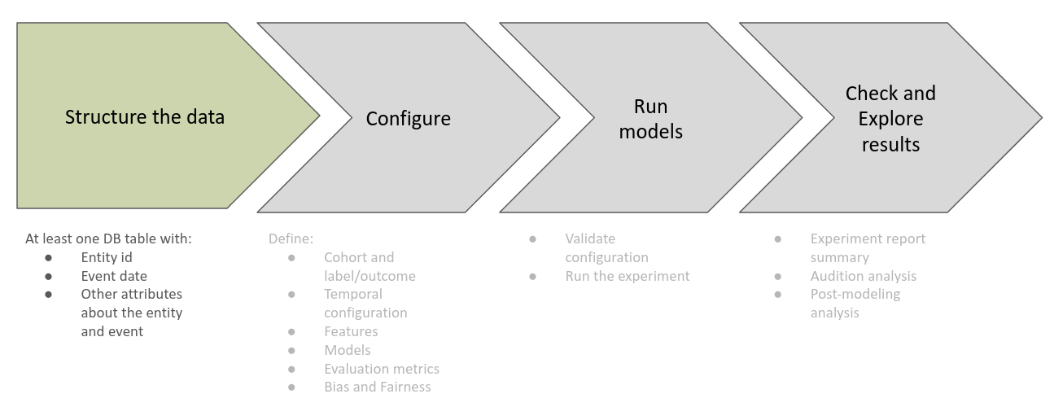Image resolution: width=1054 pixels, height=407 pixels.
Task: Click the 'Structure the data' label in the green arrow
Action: pyautogui.click(x=145, y=116)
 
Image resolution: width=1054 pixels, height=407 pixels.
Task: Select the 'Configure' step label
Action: pyautogui.click(x=408, y=119)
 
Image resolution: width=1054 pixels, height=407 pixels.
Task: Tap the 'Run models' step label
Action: pyautogui.click(x=650, y=118)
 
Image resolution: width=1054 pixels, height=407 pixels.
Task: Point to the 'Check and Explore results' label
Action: pyautogui.click(x=890, y=119)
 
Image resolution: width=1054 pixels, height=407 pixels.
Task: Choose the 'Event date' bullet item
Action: pyautogui.click(x=114, y=276)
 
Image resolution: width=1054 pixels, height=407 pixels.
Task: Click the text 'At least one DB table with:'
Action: pyautogui.click(x=108, y=239)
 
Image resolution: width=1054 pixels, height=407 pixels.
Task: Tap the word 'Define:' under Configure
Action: pyautogui.click(x=291, y=239)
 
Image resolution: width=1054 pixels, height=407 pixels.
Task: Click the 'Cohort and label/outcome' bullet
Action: pyautogui.click(x=370, y=266)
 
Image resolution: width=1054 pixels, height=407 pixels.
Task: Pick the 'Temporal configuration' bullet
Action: pyautogui.click(x=365, y=303)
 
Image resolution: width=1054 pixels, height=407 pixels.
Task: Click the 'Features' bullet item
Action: pyautogui.click(x=351, y=331)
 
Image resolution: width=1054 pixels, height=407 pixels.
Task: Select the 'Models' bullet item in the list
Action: pyautogui.click(x=347, y=350)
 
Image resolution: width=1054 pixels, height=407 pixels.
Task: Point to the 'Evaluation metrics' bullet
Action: pyautogui.click(x=381, y=369)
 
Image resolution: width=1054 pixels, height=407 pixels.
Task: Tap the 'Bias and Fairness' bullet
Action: pyautogui.click(x=377, y=387)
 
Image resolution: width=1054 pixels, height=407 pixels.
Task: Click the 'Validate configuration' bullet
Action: pyautogui.click(x=606, y=247)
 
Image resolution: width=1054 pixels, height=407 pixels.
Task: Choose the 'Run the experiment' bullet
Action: pyautogui.click(x=627, y=276)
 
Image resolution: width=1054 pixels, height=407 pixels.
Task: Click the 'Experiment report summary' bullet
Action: pyautogui.click(x=868, y=247)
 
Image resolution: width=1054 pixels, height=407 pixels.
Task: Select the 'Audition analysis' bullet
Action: pyautogui.click(x=863, y=276)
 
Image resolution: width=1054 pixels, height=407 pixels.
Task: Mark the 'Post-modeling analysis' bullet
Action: pyautogui.click(x=855, y=303)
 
